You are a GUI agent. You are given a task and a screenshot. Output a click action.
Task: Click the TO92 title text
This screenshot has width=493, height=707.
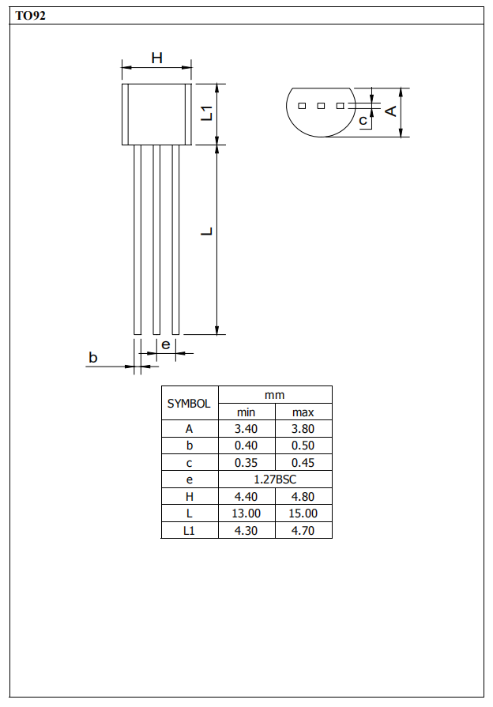[x=30, y=16]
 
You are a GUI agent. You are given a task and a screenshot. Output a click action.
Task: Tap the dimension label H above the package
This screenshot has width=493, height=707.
[x=156, y=58]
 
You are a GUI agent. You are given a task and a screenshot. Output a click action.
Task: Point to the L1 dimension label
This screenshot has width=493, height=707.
[x=207, y=113]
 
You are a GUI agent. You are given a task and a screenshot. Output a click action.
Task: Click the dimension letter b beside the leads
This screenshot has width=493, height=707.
[x=92, y=358]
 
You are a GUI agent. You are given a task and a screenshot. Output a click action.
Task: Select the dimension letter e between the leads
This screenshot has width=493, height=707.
[x=165, y=344]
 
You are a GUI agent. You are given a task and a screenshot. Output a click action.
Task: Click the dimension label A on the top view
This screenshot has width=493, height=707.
[x=390, y=111]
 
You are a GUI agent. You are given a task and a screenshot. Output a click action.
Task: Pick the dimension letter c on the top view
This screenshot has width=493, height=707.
[x=363, y=121]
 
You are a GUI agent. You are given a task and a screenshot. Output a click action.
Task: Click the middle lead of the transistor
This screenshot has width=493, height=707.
[x=156, y=239]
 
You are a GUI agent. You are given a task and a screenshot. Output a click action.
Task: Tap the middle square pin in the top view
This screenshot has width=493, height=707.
[x=321, y=105]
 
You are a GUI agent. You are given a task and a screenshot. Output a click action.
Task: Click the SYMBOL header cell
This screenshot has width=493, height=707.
[x=189, y=403]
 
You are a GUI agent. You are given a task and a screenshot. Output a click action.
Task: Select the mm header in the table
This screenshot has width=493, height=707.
[x=275, y=394]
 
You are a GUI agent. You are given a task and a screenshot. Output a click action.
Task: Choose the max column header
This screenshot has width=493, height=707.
[x=303, y=412]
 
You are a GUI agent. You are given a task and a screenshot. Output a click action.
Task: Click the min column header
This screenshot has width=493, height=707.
[x=246, y=412]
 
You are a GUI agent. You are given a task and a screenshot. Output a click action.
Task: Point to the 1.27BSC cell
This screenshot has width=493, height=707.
[x=275, y=479]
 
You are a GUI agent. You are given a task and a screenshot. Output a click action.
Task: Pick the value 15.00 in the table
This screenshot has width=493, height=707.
[x=303, y=513]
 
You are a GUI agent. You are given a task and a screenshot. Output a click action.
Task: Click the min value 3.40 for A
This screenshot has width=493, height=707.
[x=246, y=429]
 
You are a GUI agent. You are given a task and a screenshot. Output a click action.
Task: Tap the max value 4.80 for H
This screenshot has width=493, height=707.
[x=303, y=497]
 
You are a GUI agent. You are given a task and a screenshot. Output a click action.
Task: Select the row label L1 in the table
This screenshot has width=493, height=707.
[x=189, y=531]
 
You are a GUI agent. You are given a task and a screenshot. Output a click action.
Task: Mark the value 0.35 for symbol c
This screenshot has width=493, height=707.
[x=246, y=463]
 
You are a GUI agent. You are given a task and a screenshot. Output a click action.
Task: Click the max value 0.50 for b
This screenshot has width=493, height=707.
[x=303, y=446]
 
